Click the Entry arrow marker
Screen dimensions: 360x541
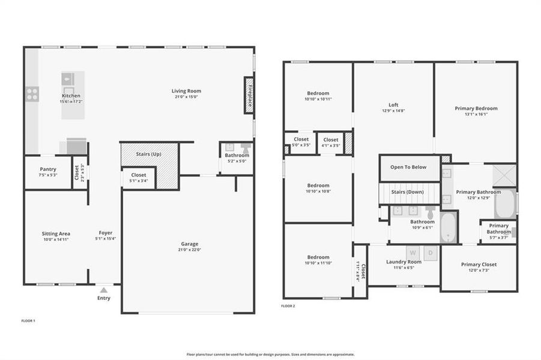coord(104,290)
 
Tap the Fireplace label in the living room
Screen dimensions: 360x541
coord(249,95)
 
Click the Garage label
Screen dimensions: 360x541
coord(190,244)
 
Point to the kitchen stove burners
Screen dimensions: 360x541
coord(32,94)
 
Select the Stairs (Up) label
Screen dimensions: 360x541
coord(149,154)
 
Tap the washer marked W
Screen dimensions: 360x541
coord(413,253)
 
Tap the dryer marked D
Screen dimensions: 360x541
coord(430,253)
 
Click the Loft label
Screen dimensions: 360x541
coord(393,104)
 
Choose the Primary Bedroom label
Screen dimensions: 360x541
coord(476,109)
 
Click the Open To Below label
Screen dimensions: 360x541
coord(408,167)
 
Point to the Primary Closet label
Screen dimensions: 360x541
coord(479,265)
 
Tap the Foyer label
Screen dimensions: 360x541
coord(106,233)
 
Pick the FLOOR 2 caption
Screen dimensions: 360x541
coord(288,306)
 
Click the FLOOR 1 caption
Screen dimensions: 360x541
coord(28,321)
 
